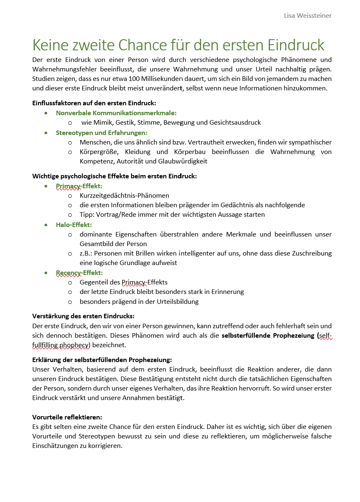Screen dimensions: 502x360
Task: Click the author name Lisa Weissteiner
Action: (308, 16)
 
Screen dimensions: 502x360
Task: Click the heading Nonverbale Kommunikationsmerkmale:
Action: (116, 113)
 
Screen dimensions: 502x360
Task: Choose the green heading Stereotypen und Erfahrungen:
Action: (102, 133)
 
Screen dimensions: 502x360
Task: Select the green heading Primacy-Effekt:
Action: (79, 186)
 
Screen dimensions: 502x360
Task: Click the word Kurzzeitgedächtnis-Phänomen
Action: (124, 196)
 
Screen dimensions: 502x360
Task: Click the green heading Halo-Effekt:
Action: (74, 225)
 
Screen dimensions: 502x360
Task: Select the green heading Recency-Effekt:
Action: (79, 272)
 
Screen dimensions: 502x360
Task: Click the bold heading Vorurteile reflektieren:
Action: (67, 417)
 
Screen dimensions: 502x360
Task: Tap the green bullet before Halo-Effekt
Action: (46, 225)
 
